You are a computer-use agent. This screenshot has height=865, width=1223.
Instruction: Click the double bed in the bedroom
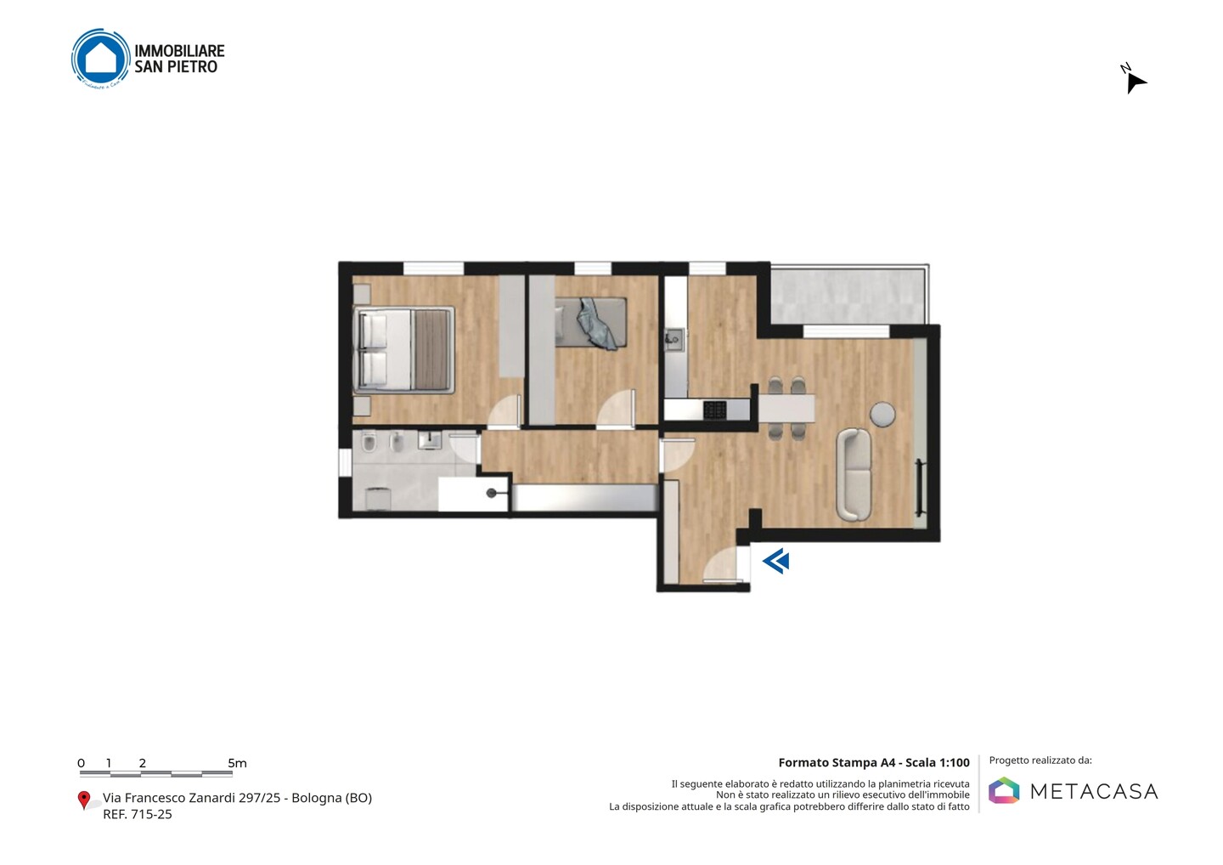[x=404, y=349]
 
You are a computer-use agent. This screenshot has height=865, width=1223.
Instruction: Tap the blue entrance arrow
[x=776, y=561]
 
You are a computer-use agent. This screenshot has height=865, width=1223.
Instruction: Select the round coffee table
[x=882, y=414]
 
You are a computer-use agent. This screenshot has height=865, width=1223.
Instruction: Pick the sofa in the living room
[x=854, y=474]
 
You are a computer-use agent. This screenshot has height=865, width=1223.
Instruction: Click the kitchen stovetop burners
[x=715, y=410]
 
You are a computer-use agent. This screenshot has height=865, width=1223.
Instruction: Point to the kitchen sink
[x=674, y=340]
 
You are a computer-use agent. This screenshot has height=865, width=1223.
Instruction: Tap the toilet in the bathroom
[x=369, y=443]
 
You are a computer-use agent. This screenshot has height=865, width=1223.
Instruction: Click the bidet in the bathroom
[x=398, y=443]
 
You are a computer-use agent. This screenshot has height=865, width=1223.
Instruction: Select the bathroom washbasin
[x=430, y=439]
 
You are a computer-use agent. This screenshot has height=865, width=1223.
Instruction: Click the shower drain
[x=492, y=493]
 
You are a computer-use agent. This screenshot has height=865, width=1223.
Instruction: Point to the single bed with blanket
[x=591, y=322]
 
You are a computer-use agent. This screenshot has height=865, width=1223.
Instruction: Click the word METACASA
[x=1094, y=791]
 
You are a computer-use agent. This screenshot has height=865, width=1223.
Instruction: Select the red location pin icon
[x=83, y=800]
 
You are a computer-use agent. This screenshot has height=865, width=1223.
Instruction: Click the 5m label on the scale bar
[x=238, y=763]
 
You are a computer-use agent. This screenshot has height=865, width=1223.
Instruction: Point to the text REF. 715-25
[x=138, y=814]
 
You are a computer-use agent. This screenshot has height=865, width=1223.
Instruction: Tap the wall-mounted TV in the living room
[x=921, y=488]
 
